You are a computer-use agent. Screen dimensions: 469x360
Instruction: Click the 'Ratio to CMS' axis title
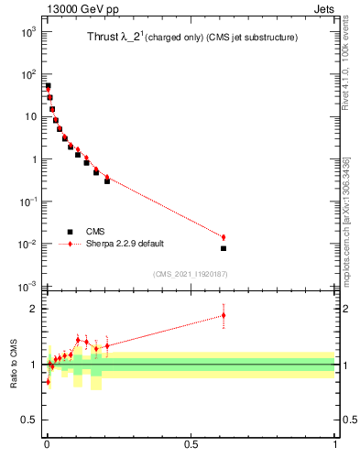pyautogui.click(x=15, y=364)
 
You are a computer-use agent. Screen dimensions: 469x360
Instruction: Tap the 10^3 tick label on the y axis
pyautogui.click(x=29, y=32)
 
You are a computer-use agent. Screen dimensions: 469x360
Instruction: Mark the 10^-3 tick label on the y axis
pyautogui.click(x=29, y=287)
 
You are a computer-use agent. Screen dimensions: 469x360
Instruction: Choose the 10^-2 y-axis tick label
pyautogui.click(x=29, y=245)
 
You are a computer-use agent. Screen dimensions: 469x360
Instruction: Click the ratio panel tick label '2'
pyautogui.click(x=36, y=309)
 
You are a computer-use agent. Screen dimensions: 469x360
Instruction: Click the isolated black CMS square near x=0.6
pyautogui.click(x=223, y=248)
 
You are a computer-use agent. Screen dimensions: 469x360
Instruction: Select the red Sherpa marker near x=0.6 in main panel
pyautogui.click(x=223, y=237)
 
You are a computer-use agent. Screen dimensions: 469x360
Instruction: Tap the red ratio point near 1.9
pyautogui.click(x=223, y=315)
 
